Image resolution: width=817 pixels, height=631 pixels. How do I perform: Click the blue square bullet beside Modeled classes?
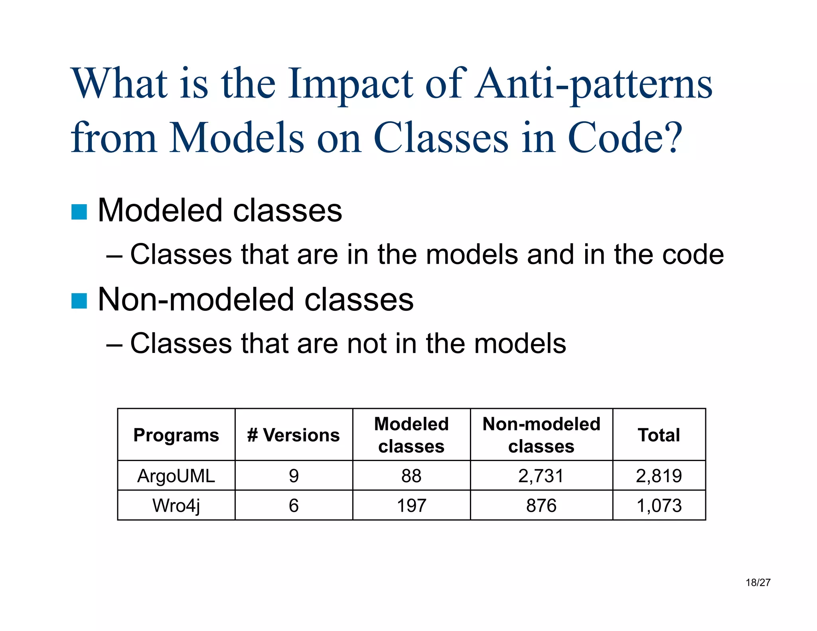(79, 212)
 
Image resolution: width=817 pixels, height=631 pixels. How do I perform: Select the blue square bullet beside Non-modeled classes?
(79, 301)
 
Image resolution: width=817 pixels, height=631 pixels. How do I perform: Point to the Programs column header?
(176, 435)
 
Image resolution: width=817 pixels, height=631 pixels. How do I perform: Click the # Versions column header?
(294, 435)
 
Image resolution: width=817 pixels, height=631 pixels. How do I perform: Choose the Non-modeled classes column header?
(541, 435)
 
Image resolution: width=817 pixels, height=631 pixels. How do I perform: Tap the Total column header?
(659, 435)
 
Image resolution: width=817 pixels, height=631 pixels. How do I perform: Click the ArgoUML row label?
(176, 476)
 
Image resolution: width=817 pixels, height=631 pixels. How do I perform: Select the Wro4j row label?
(176, 505)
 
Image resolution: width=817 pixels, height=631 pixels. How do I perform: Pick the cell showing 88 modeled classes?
(411, 476)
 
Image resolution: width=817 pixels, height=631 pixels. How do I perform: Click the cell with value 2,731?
(541, 476)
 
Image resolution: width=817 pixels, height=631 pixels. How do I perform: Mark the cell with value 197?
(411, 505)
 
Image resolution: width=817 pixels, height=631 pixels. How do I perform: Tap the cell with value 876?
(541, 505)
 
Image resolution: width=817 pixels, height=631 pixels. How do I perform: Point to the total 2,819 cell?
(659, 476)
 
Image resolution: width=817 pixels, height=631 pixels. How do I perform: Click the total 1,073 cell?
(659, 505)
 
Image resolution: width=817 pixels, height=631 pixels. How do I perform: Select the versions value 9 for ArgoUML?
(294, 476)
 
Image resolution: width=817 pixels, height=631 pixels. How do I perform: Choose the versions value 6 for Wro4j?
(294, 505)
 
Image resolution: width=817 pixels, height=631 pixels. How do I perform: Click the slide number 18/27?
(758, 583)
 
